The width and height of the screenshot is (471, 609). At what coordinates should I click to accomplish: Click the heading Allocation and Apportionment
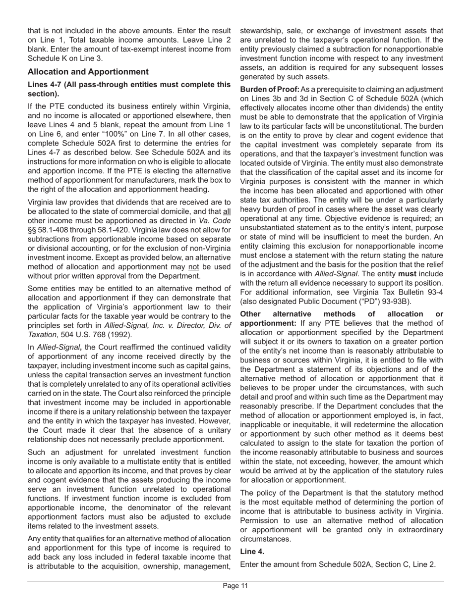point(88,72)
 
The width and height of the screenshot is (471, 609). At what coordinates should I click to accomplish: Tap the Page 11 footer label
point(235,586)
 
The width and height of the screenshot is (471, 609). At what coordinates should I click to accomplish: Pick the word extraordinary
point(413,530)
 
